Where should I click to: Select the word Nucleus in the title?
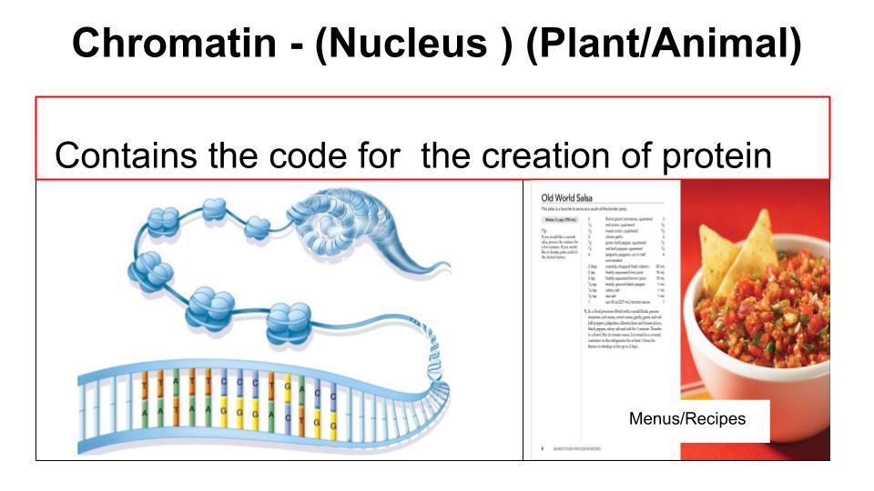point(411,43)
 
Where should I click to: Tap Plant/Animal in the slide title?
point(664,43)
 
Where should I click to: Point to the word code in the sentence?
point(308,155)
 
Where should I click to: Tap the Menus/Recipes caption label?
point(700,419)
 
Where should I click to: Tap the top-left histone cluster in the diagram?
point(165,219)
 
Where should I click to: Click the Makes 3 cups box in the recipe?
point(558,220)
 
